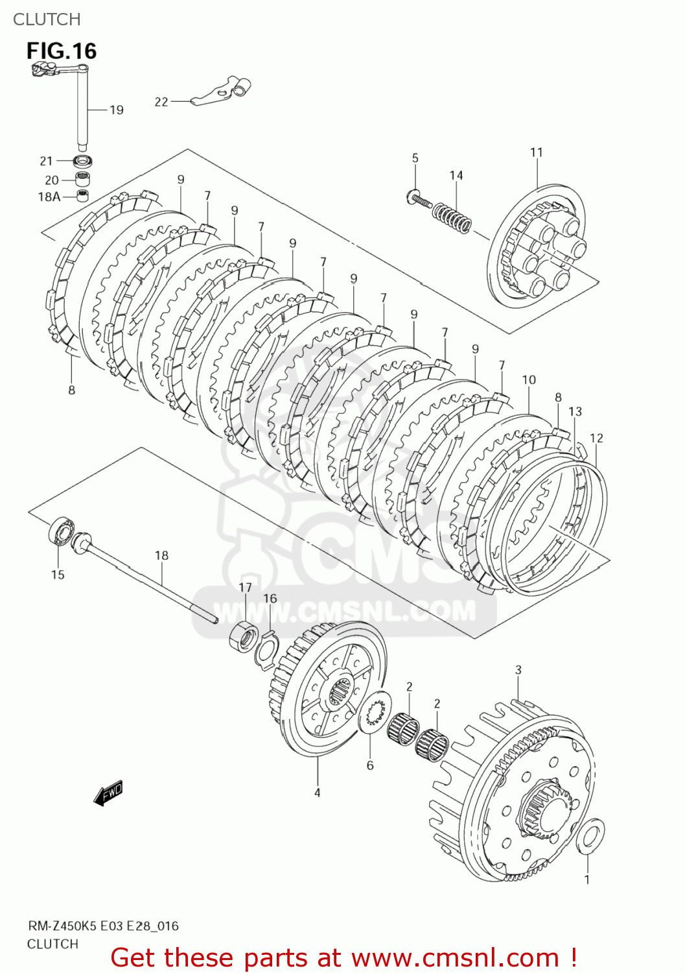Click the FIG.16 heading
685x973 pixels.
click(x=62, y=51)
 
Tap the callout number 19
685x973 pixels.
click(x=117, y=110)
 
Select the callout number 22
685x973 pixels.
click(x=161, y=102)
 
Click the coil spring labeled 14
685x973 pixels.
click(x=452, y=217)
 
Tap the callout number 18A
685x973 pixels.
click(x=49, y=197)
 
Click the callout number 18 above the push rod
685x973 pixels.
click(x=161, y=555)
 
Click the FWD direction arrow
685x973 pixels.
click(x=108, y=793)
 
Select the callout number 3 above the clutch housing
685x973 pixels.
click(x=518, y=670)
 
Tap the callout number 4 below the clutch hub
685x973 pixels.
click(x=318, y=793)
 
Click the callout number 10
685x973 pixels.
click(x=529, y=380)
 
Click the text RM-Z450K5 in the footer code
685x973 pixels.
click(x=62, y=926)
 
